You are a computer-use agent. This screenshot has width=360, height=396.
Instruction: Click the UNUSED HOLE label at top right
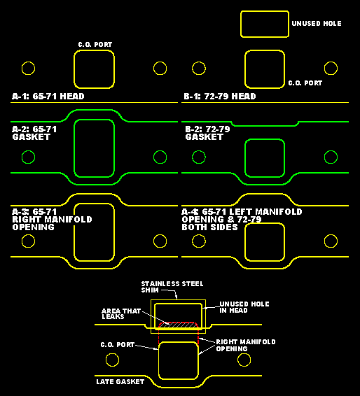(317, 24)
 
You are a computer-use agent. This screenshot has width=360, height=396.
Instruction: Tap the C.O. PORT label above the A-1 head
(95, 45)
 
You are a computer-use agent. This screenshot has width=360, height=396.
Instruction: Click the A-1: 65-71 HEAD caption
(48, 97)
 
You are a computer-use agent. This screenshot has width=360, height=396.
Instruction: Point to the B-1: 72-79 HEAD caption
(220, 97)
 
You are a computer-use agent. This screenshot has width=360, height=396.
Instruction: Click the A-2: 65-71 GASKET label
(34, 133)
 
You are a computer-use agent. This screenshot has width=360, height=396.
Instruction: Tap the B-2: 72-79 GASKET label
(207, 133)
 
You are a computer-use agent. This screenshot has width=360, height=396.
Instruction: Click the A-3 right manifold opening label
(52, 220)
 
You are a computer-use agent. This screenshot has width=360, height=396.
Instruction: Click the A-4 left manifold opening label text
(242, 220)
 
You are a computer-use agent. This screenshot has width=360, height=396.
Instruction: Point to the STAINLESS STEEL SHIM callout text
(172, 287)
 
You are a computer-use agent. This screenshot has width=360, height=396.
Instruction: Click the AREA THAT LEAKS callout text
(121, 313)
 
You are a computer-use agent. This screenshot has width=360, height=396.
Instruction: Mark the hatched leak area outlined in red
(178, 325)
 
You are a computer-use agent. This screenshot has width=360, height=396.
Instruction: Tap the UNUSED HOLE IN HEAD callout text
(244, 307)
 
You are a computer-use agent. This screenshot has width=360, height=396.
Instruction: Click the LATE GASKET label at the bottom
(120, 381)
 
